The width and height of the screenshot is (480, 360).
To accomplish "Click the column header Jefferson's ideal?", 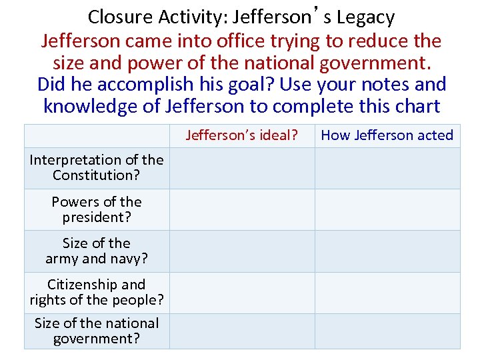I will pyautogui.click(x=241, y=135).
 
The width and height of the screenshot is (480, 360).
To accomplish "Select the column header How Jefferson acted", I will pyautogui.click(x=387, y=135).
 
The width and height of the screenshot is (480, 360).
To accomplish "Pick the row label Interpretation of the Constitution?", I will pyautogui.click(x=97, y=167).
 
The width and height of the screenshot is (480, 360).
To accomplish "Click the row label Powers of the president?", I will pyautogui.click(x=97, y=209).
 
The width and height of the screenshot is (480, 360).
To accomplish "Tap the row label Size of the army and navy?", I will pyautogui.click(x=97, y=251).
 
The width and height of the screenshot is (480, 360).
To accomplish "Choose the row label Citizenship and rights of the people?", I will pyautogui.click(x=97, y=292).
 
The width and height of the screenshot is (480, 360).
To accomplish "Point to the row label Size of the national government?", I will pyautogui.click(x=97, y=331).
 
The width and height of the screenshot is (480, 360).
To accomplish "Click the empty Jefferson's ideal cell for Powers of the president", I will pyautogui.click(x=242, y=209).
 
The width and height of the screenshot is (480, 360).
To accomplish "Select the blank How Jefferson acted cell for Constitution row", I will pyautogui.click(x=387, y=168).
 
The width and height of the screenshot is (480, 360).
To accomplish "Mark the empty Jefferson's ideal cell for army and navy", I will pyautogui.click(x=242, y=251).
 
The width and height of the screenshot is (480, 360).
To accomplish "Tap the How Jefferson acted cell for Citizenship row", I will pyautogui.click(x=387, y=292).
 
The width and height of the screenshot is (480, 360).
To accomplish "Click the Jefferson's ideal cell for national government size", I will pyautogui.click(x=242, y=331).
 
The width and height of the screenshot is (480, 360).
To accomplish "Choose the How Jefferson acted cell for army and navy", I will pyautogui.click(x=387, y=251).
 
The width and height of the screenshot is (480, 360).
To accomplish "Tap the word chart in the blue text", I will pyautogui.click(x=417, y=107).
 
